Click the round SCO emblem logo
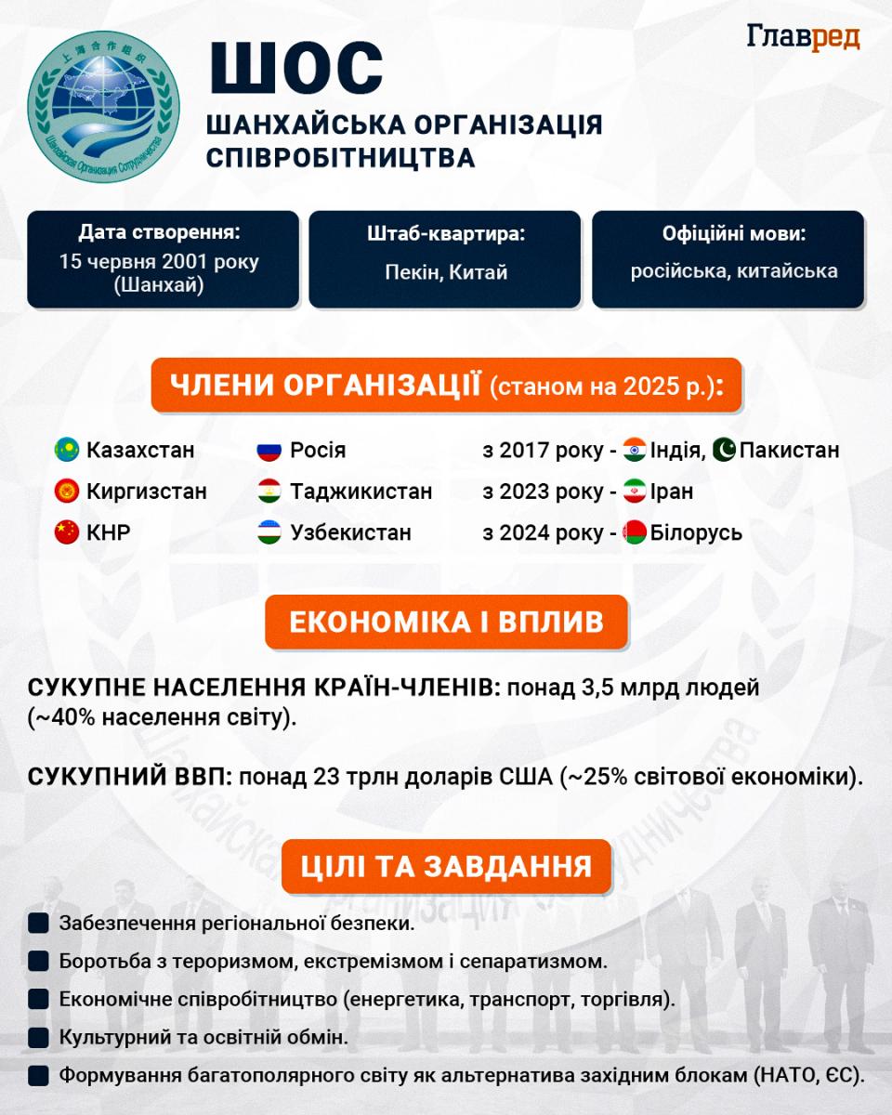[103, 106]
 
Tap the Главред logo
[803, 37]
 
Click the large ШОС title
[295, 68]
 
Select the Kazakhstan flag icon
[67, 451]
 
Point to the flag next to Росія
[269, 451]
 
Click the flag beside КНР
[67, 533]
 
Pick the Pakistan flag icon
[724, 451]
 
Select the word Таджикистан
[361, 492]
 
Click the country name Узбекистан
[350, 533]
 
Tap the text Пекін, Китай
[446, 272]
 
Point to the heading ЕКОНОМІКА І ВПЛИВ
[446, 622]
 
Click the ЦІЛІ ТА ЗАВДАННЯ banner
[446, 867]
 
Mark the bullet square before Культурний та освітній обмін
[38, 1037]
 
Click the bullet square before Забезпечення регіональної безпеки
[38, 924]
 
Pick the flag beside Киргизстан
[67, 492]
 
